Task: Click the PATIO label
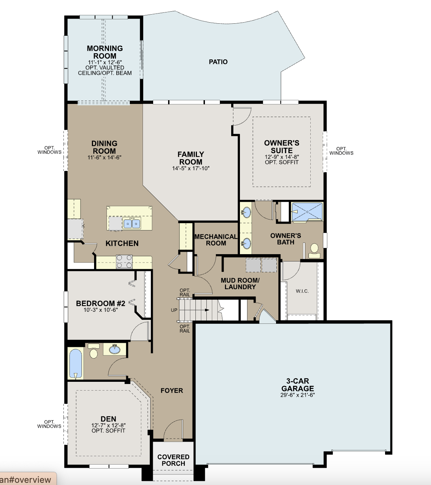click(218, 62)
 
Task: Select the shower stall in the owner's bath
click(307, 212)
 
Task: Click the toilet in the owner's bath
click(314, 251)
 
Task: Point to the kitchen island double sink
click(132, 224)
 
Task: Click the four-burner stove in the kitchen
click(124, 261)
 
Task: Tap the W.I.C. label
click(302, 291)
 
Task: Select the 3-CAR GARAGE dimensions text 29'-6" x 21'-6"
click(298, 395)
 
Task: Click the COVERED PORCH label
click(173, 460)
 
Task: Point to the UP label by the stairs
click(174, 310)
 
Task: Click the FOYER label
click(172, 391)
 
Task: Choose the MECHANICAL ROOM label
click(216, 240)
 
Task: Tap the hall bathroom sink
click(115, 350)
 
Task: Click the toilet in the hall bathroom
click(94, 351)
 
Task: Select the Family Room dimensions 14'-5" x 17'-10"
click(191, 168)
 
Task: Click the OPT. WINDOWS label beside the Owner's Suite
click(341, 151)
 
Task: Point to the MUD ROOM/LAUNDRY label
click(240, 283)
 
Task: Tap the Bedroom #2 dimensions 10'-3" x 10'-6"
click(101, 310)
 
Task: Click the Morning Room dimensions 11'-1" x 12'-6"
click(105, 62)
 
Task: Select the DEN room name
click(108, 419)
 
